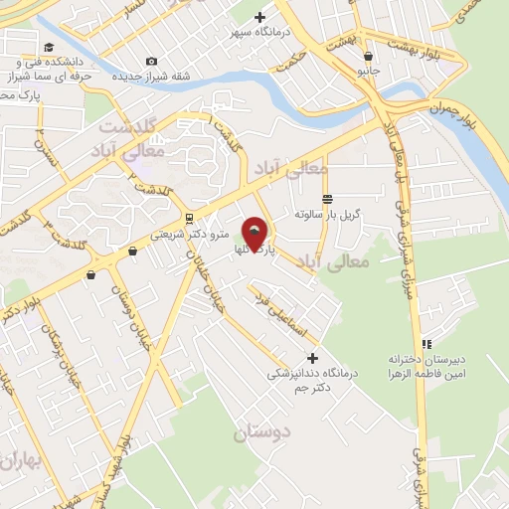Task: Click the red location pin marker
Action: (x=256, y=235)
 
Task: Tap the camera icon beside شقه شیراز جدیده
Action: (x=151, y=62)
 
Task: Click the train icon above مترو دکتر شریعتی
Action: (x=189, y=219)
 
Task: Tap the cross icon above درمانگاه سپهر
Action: (x=260, y=17)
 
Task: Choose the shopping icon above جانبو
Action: (x=369, y=57)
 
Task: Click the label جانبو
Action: (x=369, y=72)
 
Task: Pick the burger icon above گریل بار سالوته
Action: (x=327, y=199)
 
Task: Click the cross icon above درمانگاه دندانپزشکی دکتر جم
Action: (x=313, y=358)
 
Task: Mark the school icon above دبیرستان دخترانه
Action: (x=426, y=343)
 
